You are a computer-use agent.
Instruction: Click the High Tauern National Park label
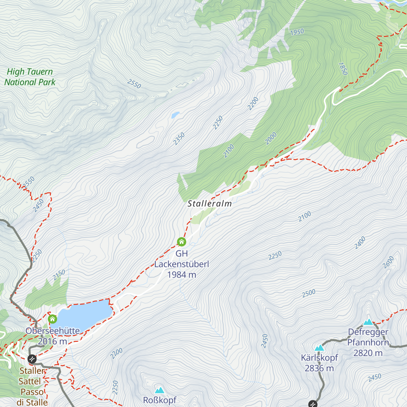click(30, 77)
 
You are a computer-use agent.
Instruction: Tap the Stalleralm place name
click(210, 204)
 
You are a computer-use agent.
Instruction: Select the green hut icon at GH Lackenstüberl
click(181, 242)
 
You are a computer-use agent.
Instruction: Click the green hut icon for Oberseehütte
click(52, 319)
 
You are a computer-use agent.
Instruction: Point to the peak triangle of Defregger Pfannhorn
click(368, 322)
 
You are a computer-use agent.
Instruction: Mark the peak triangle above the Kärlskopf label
click(319, 348)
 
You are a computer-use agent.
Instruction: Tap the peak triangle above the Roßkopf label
click(159, 390)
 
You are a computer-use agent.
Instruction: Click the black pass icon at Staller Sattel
click(32, 358)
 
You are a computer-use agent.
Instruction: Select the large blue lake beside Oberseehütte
click(85, 314)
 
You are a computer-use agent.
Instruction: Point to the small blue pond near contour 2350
click(175, 115)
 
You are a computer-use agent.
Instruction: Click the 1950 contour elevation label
click(297, 32)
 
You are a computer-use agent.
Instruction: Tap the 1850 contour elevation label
click(343, 69)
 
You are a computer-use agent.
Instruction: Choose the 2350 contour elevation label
click(179, 139)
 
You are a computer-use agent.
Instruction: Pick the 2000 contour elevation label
click(271, 138)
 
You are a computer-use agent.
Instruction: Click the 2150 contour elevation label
click(59, 275)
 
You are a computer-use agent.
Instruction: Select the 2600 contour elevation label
click(389, 262)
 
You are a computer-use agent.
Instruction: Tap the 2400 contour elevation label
click(360, 243)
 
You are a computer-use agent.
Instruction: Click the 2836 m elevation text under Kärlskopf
click(319, 368)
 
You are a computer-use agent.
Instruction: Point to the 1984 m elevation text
click(181, 275)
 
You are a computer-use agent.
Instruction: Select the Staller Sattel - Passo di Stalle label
click(32, 387)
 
